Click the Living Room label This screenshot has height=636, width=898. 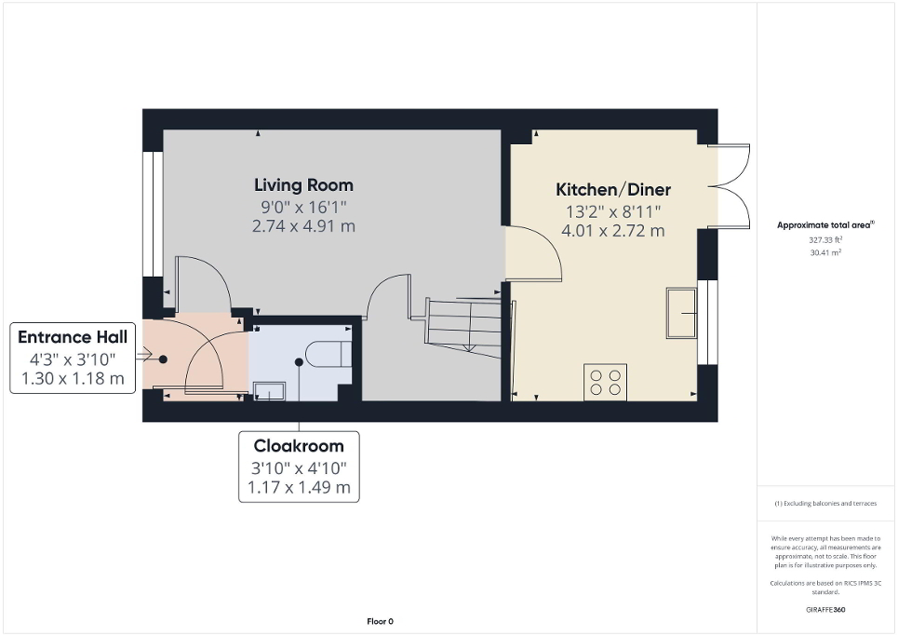303,184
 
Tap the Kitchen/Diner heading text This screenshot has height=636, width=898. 613,189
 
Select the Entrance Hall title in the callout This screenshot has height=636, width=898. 73,337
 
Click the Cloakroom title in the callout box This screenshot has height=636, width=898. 299,446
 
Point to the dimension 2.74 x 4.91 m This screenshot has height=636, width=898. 303,226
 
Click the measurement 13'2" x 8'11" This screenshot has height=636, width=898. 613,210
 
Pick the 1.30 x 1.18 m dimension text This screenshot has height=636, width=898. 73,378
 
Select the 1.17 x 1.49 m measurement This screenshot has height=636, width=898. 299,487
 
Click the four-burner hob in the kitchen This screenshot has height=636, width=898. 605,383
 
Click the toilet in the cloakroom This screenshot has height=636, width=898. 328,355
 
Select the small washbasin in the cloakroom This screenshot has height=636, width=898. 268,391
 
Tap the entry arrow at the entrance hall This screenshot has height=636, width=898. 143,355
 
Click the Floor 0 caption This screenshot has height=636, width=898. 379,621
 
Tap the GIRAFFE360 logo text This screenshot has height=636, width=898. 826,610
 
